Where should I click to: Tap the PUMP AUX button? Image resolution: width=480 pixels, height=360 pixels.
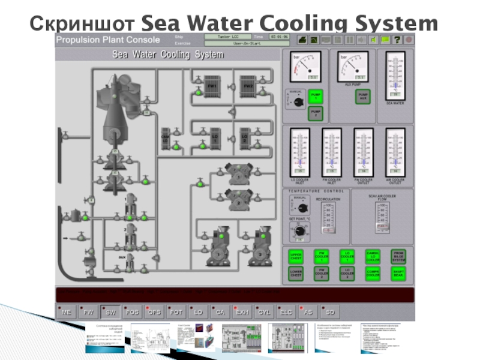pyautogui.click(x=362, y=96)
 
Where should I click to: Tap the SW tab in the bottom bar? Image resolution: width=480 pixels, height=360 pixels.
pyautogui.click(x=109, y=313)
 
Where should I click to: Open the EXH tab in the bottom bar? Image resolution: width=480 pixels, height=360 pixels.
pyautogui.click(x=242, y=313)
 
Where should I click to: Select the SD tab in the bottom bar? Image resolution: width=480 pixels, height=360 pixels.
pyautogui.click(x=331, y=313)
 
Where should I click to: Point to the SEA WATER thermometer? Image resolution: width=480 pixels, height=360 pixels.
pyautogui.click(x=395, y=75)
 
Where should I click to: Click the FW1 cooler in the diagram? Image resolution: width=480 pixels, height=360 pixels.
pyautogui.click(x=211, y=86)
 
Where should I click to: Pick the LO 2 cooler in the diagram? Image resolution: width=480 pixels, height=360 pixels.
pyautogui.click(x=244, y=138)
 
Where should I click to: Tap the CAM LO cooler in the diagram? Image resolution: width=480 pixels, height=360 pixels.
pyautogui.click(x=166, y=139)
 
